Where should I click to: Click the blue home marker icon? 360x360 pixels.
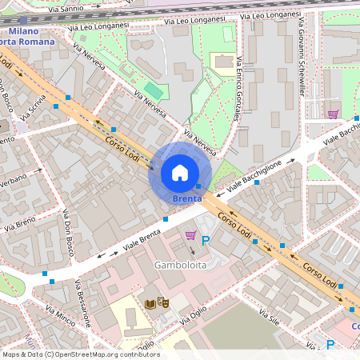pos(180,173)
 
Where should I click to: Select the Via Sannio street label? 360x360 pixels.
pos(66,9)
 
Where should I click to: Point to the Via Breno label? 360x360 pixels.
pos(19,223)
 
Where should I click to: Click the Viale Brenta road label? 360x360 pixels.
pos(142,236)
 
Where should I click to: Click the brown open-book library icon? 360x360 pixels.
pos(150,303)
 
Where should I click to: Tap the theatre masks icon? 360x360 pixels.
pos(163,302)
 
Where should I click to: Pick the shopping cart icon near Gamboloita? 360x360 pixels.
pos(190,235)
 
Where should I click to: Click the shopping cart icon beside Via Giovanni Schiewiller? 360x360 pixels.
pos(333,114)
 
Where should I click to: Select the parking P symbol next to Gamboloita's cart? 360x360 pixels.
pos(205,240)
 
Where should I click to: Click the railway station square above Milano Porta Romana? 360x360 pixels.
pos(23,19)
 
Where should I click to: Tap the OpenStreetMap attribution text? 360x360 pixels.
pos(80,354)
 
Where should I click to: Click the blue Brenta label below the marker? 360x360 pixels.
pos(188,198)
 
